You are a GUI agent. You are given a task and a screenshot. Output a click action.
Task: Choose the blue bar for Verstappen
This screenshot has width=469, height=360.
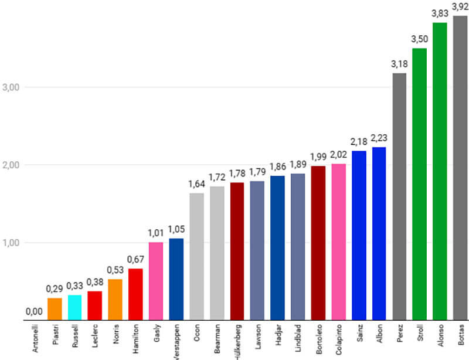[176, 279]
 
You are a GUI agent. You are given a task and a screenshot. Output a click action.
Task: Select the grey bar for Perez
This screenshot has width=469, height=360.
[399, 196]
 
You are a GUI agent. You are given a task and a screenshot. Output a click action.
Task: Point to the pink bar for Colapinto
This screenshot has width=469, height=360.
[338, 242]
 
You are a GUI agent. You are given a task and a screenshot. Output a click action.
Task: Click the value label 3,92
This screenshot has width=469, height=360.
[460, 8]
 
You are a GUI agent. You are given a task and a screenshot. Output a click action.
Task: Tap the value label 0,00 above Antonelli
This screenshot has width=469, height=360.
[35, 312]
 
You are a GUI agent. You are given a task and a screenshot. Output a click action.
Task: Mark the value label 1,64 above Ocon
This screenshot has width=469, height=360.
[196, 184]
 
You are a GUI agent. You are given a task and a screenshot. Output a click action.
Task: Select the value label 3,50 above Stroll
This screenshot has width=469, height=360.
[420, 40]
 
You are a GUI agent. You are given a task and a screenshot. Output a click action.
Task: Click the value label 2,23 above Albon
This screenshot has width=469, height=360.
[379, 138]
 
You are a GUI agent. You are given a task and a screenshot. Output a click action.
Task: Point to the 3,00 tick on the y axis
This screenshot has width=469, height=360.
[12, 87]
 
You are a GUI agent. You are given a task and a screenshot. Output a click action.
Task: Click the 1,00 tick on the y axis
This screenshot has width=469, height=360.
[12, 243]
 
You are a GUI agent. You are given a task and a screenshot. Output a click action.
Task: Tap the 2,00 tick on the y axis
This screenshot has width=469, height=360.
[12, 165]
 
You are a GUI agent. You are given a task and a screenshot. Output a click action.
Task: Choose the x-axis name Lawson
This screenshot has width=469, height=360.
[257, 340]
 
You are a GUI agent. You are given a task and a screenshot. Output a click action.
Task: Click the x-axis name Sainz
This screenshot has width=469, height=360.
[359, 337]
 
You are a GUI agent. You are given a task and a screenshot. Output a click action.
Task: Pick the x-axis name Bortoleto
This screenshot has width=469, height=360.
[318, 341]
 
